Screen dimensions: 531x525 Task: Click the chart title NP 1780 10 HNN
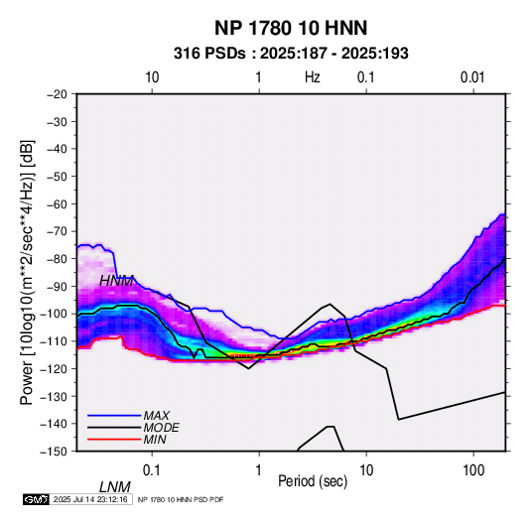(x=291, y=28)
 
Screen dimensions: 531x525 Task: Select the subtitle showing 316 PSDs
(x=291, y=54)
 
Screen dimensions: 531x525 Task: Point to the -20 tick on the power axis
(x=57, y=94)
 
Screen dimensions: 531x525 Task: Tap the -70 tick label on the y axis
(x=57, y=231)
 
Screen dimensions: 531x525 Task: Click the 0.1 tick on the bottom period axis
(x=152, y=470)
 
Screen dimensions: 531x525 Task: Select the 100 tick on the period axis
(x=473, y=470)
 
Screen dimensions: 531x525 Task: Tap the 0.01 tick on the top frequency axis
(x=472, y=77)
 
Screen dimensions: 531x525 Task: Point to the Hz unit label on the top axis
(x=313, y=77)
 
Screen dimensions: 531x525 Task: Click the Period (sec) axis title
(x=313, y=481)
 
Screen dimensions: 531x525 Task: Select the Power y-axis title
(x=27, y=272)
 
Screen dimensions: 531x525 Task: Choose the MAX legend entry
(x=157, y=416)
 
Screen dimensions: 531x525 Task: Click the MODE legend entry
(x=161, y=428)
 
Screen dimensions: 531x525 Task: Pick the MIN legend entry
(x=155, y=440)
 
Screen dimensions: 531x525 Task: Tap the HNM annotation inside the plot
(x=116, y=281)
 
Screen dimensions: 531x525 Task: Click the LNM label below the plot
(x=115, y=487)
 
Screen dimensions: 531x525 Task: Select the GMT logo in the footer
(x=37, y=499)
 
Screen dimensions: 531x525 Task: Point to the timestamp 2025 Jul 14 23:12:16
(x=90, y=499)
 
